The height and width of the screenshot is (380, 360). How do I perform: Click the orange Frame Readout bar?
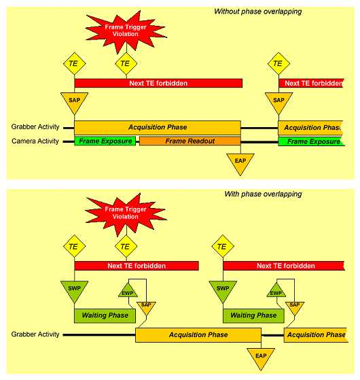coord(190,141)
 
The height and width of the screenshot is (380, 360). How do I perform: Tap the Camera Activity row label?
coord(35,141)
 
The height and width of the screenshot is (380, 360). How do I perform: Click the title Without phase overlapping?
coord(258,12)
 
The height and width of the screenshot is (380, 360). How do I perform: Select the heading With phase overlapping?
coord(263,194)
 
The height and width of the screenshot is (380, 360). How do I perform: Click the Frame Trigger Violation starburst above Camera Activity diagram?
coord(126,31)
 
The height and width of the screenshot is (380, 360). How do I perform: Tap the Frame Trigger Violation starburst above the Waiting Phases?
coord(126,213)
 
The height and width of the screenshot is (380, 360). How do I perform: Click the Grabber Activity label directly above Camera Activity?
coord(35,126)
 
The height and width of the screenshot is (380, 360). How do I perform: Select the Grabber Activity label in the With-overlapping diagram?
coord(35,334)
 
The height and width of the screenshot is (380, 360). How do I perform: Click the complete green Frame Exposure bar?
coord(105,141)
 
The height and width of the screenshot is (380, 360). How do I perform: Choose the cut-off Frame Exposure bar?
coord(311,141)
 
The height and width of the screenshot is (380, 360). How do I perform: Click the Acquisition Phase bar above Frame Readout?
coord(158,128)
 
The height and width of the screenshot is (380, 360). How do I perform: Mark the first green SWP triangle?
coord(74,290)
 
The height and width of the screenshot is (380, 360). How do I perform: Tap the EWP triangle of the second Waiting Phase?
coord(276,291)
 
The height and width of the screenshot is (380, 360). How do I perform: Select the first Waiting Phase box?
coord(105,315)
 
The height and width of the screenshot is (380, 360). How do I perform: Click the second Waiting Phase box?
coord(253,315)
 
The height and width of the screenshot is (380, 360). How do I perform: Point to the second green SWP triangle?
coord(223,290)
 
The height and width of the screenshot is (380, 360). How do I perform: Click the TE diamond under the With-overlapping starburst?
coord(126,246)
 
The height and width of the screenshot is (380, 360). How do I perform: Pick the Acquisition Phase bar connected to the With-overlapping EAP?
coord(198,335)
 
